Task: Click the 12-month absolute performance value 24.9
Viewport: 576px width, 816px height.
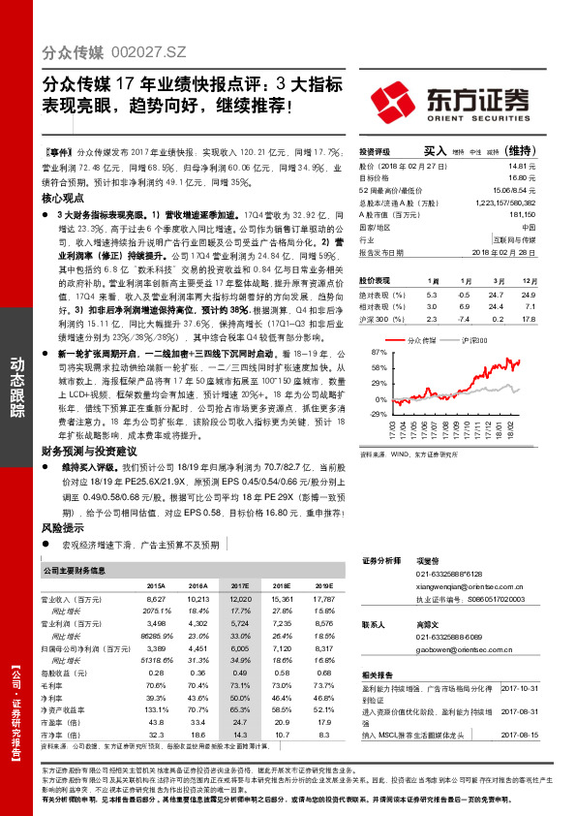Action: tap(528, 293)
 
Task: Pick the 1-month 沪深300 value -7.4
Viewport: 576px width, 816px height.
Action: tap(464, 316)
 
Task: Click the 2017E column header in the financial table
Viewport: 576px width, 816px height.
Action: tap(239, 586)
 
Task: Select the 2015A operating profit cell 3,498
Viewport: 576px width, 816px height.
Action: tap(156, 623)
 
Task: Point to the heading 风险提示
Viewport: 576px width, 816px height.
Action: tap(62, 529)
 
